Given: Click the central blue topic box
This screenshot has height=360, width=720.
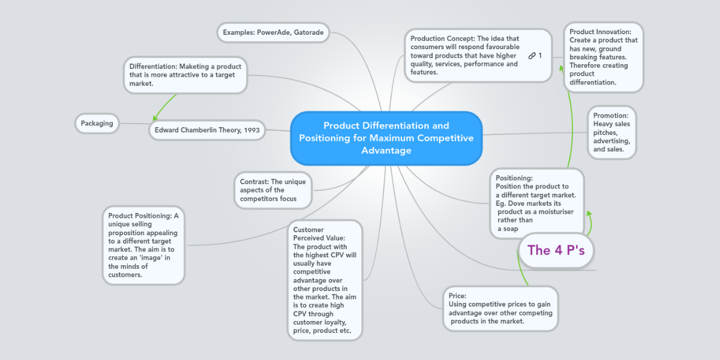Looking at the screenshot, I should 386,138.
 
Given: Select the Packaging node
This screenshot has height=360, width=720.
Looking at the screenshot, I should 97,124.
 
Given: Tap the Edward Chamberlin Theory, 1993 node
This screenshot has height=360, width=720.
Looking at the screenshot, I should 207,130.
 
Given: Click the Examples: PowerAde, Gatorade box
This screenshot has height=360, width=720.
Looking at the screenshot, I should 273,32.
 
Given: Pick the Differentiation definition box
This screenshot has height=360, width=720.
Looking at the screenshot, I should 185,75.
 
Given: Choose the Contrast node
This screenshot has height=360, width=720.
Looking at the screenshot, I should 273,190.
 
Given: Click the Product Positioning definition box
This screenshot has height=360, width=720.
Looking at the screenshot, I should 143,245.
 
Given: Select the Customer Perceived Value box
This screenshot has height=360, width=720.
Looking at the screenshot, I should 325,280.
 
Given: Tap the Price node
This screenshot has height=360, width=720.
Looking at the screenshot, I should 500,308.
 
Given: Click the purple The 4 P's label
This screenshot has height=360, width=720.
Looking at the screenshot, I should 556,250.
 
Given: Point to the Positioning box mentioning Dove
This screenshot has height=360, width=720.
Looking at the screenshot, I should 536,203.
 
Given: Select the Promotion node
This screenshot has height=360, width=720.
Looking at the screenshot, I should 611,132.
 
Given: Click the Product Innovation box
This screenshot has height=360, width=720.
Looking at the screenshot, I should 603,57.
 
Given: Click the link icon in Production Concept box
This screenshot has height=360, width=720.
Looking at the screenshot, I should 532,56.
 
